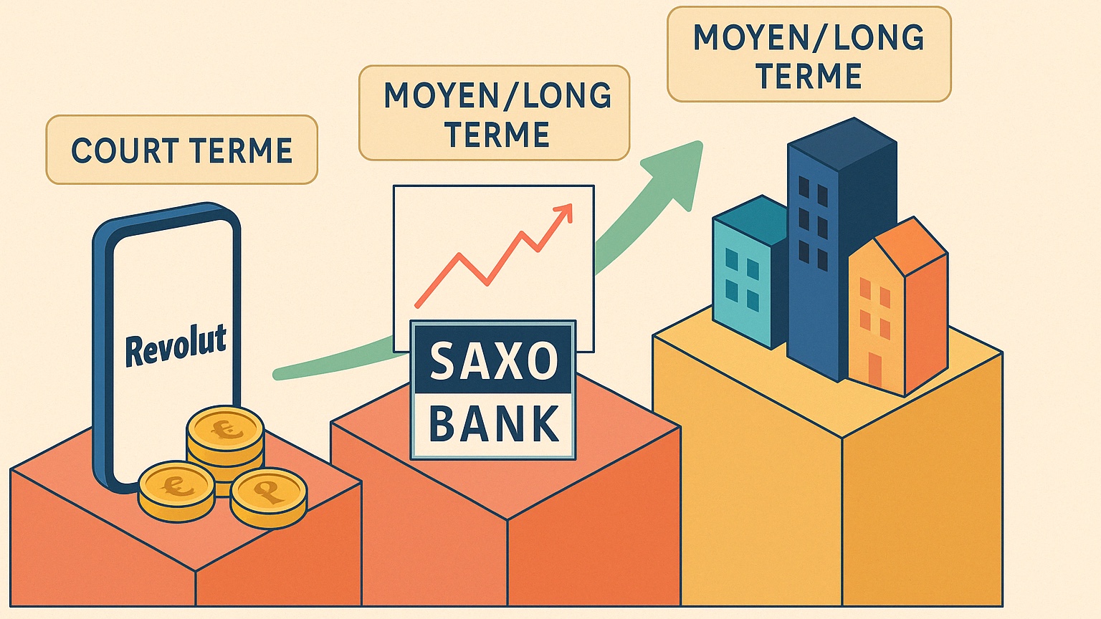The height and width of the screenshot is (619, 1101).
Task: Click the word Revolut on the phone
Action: click(176, 345)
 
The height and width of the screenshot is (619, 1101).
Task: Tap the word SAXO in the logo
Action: click(493, 361)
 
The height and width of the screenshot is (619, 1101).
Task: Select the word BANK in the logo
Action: click(494, 423)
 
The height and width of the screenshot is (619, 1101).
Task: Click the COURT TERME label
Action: click(182, 150)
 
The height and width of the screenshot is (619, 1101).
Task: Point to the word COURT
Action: click(125, 150)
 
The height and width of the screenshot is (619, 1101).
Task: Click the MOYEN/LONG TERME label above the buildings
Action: click(809, 54)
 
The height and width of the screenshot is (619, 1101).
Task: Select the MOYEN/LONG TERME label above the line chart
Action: click(494, 113)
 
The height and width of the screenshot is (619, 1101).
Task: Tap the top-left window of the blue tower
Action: click(804, 187)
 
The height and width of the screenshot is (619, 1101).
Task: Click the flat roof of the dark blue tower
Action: click(842, 144)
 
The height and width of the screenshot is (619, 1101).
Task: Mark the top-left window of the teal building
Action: click(731, 259)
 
